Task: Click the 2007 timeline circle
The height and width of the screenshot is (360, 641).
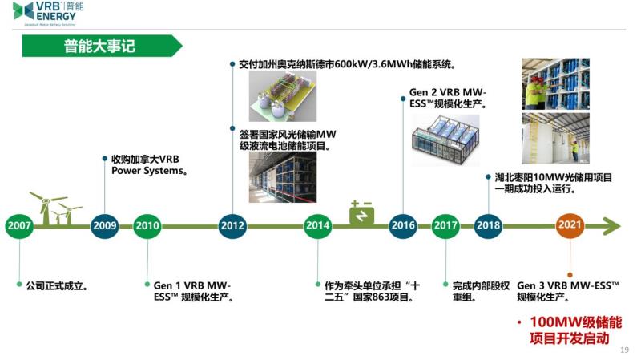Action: pos(19,226)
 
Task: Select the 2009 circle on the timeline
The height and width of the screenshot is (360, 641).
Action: pos(104,226)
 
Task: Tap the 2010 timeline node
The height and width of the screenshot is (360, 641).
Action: pos(147,226)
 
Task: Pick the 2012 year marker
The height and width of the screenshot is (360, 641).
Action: pos(232,226)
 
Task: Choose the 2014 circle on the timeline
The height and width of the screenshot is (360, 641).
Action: pos(317,226)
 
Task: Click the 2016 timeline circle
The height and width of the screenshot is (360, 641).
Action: pos(402,226)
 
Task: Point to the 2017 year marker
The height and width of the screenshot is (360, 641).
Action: pos(445,226)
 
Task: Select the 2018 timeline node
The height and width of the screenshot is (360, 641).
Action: pos(488,226)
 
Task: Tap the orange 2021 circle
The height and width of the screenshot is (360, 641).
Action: pos(570,226)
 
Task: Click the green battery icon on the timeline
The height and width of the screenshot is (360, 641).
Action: pos(361,214)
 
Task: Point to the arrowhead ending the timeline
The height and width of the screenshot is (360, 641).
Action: pos(612,226)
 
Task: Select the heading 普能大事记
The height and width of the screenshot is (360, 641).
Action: pos(99,47)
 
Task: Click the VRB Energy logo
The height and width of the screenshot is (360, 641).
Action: pos(48,13)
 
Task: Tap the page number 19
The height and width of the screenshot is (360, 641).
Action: pos(625,350)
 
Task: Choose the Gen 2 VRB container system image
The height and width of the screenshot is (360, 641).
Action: pos(445,139)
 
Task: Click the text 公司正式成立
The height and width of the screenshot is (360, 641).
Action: pos(56,285)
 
